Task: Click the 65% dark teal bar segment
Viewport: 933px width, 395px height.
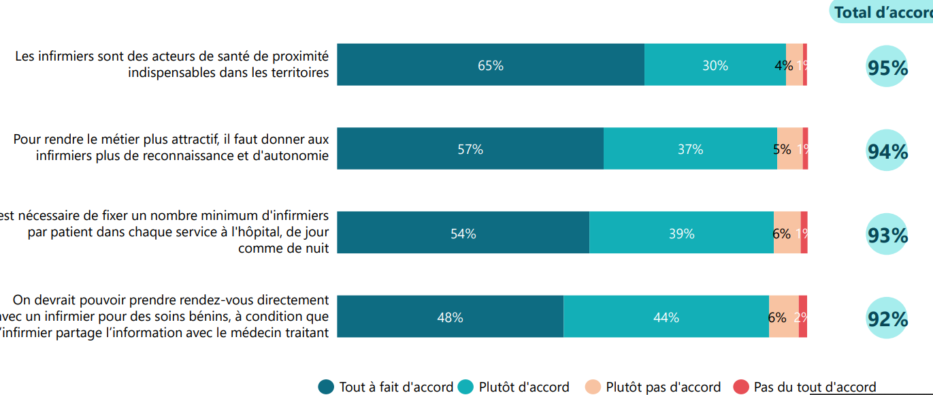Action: [x=491, y=65]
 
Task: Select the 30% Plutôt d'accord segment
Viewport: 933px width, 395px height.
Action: [x=715, y=65]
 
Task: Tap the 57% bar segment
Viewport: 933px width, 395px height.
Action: [x=470, y=149]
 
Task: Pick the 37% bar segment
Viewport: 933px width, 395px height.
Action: [x=690, y=149]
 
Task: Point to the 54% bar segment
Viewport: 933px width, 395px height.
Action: [x=463, y=233]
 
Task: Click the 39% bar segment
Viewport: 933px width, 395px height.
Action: [x=681, y=233]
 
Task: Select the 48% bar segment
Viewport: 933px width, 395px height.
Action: [x=451, y=317]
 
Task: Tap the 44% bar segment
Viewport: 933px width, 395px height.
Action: [x=666, y=317]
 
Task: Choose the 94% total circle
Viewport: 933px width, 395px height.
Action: [x=887, y=151]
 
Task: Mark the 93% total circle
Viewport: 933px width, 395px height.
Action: [x=887, y=234]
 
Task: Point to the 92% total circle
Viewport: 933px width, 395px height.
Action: [x=887, y=318]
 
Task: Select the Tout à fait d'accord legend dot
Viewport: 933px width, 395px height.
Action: [x=327, y=387]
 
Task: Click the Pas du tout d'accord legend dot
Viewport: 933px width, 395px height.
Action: [x=741, y=387]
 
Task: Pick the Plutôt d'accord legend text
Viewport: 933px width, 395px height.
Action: [x=524, y=387]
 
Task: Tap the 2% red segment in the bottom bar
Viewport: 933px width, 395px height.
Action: [x=803, y=317]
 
